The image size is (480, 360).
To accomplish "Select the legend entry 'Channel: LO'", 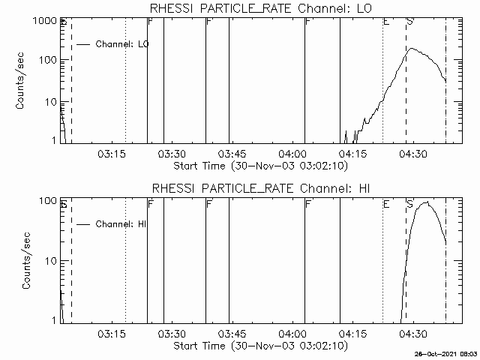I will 123,44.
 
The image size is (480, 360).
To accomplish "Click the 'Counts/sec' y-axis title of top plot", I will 23,81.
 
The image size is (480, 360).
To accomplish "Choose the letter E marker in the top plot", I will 386,22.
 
